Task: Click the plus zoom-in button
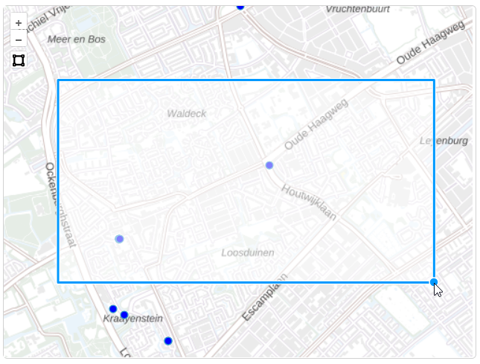pyautogui.click(x=19, y=23)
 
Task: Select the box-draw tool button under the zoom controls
pyautogui.click(x=19, y=60)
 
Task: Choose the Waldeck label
pyautogui.click(x=187, y=113)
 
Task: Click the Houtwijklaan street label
pyautogui.click(x=309, y=202)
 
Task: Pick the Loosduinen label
pyautogui.click(x=248, y=252)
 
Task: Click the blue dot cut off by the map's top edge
pyautogui.click(x=240, y=6)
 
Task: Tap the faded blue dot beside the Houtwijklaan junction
pyautogui.click(x=269, y=165)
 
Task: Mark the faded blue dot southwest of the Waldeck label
pyautogui.click(x=119, y=238)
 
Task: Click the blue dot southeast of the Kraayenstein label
pyautogui.click(x=168, y=341)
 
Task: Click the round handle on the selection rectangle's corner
pyautogui.click(x=434, y=281)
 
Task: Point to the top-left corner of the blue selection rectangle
pyautogui.click(x=58, y=80)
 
